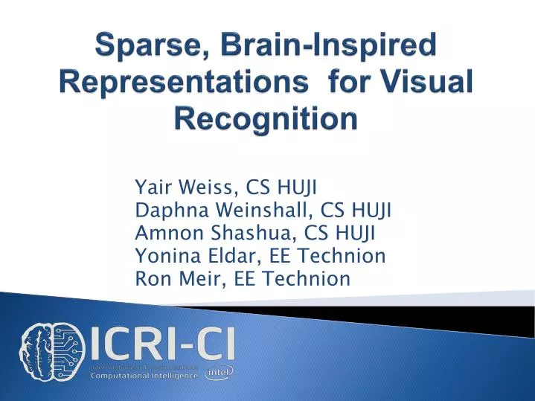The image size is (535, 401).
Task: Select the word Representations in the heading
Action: [181, 83]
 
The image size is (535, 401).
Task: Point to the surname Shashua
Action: [240, 234]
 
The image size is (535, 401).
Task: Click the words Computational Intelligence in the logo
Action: [144, 375]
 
